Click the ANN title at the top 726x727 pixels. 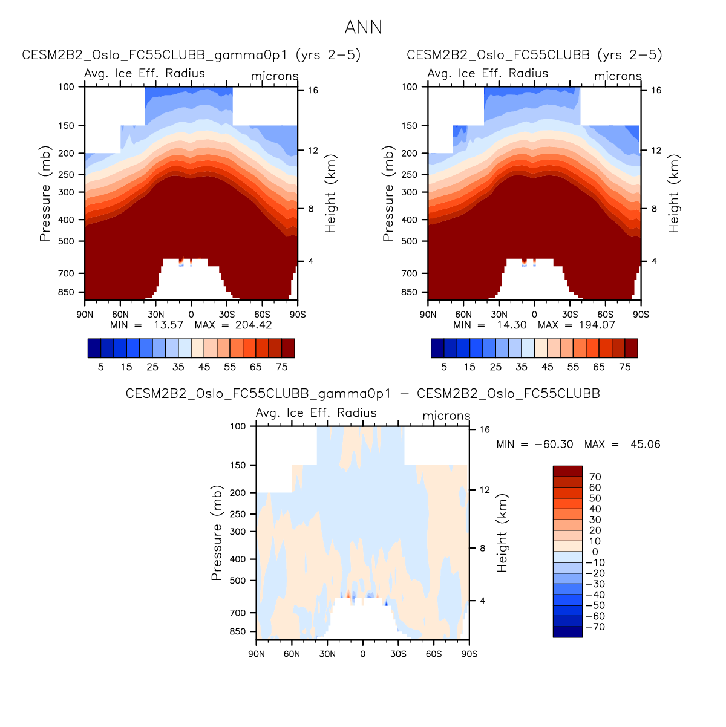click(363, 28)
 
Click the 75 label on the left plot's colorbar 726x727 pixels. click(281, 367)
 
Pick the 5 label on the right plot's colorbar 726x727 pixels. click(444, 367)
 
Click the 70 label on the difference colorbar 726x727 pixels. click(595, 477)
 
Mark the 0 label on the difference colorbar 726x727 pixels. click(595, 552)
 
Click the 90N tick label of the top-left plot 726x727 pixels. click(85, 315)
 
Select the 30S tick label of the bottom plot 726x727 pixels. click(398, 654)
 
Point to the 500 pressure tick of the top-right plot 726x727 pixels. click(410, 241)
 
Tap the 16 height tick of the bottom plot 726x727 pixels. click(485, 430)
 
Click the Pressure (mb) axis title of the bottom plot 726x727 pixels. click(217, 532)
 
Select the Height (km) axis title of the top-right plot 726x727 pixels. click(674, 194)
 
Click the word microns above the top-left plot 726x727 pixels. click(275, 76)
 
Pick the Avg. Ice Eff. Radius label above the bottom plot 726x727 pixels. click(316, 413)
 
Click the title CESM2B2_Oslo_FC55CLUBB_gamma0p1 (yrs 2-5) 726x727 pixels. click(191, 55)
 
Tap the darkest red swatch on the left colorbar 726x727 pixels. click(288, 348)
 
